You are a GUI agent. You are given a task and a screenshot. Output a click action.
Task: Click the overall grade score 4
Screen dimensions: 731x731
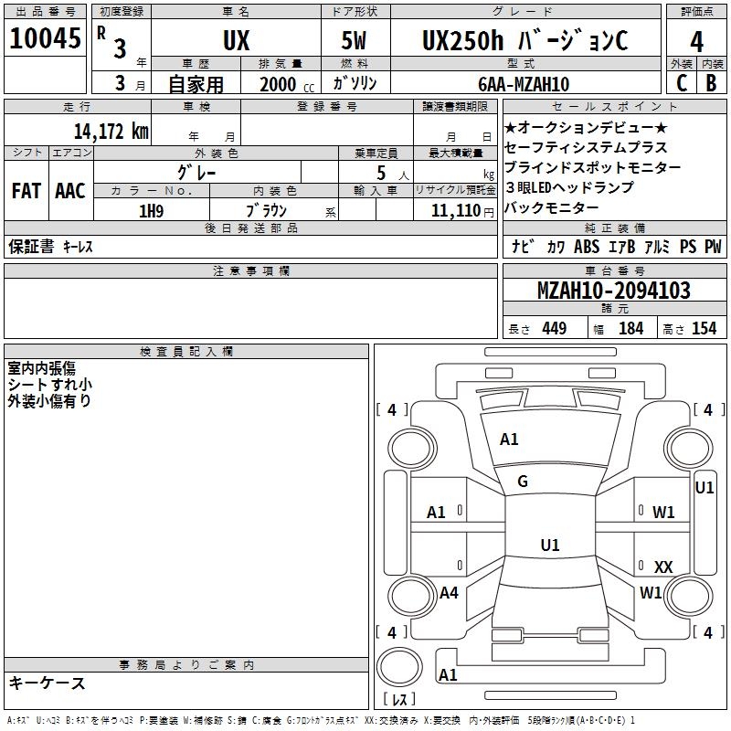click(696, 42)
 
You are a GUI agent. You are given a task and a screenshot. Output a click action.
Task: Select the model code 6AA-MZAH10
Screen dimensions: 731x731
click(524, 84)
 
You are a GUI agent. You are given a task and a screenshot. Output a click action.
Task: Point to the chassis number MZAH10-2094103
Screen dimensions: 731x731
click(613, 291)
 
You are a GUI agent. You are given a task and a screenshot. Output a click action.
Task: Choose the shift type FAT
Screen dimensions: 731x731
click(26, 191)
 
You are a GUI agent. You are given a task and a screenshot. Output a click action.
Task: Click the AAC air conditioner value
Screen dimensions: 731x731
click(69, 191)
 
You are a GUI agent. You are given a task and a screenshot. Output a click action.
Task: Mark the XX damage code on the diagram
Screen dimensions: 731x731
click(663, 567)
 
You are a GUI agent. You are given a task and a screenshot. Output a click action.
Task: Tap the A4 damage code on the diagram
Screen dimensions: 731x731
click(449, 593)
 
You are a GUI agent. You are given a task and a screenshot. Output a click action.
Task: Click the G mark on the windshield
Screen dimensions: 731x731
click(523, 482)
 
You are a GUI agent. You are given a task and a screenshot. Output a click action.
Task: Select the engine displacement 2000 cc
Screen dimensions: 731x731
click(283, 84)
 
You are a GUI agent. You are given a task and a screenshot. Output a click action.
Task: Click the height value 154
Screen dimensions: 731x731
click(704, 329)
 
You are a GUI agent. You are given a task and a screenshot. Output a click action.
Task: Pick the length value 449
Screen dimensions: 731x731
click(554, 329)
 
